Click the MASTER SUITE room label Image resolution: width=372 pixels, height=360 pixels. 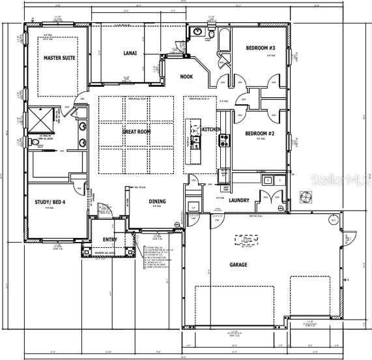pos(59,58)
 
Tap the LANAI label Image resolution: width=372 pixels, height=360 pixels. pos(130,53)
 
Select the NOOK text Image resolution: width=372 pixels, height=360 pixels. pos(187,76)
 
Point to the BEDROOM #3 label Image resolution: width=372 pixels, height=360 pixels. pos(261,48)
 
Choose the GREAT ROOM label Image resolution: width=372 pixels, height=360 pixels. pos(136,131)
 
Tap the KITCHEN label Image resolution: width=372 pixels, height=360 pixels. pos(210,130)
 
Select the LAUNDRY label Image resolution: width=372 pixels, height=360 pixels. pos(238,200)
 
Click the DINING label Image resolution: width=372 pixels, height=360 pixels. pos(156,202)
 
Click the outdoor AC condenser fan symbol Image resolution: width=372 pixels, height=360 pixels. pos(305,196)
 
